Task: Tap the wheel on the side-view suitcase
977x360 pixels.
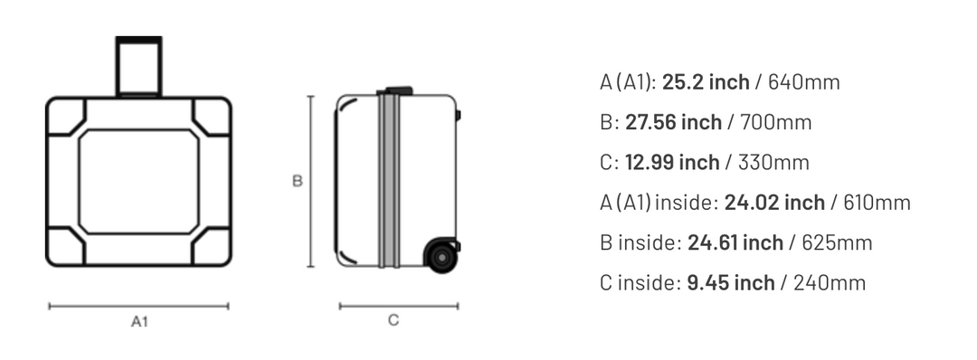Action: click(x=441, y=255)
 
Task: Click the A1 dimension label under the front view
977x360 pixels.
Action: click(x=139, y=322)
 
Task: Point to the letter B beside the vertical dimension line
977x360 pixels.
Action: click(x=298, y=181)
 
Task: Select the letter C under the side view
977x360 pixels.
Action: click(x=394, y=320)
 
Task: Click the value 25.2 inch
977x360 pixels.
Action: click(x=706, y=82)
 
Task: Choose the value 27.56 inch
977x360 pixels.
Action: click(x=673, y=122)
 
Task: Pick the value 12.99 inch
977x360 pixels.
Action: click(x=671, y=163)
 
